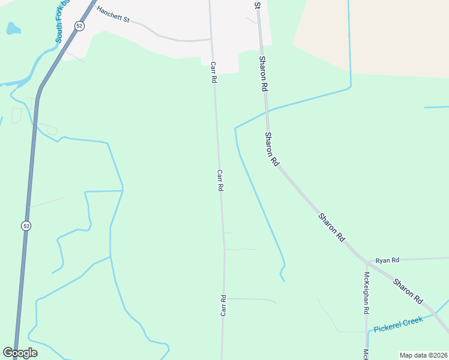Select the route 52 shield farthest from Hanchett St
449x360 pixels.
pos(25,226)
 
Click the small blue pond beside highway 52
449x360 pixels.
pos(13,28)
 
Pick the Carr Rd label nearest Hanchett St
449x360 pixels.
pos(213,72)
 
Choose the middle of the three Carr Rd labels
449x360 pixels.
pos(220,180)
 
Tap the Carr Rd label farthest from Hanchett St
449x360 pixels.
pos(223,305)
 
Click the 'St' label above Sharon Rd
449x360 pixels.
pos(258,5)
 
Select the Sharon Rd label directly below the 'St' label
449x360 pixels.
pos(263,73)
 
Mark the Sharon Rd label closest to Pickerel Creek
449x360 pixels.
pos(409,290)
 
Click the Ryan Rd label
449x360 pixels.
pos(387,260)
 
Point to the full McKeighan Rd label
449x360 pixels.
pos(366,293)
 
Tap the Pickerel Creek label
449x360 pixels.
pos(398,325)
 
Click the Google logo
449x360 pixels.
pos(20,353)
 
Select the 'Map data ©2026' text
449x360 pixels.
pos(423,355)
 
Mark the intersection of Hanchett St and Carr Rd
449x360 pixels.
pos(211,40)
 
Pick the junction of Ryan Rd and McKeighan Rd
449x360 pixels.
pos(367,260)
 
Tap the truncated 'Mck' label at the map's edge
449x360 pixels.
pos(366,354)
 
